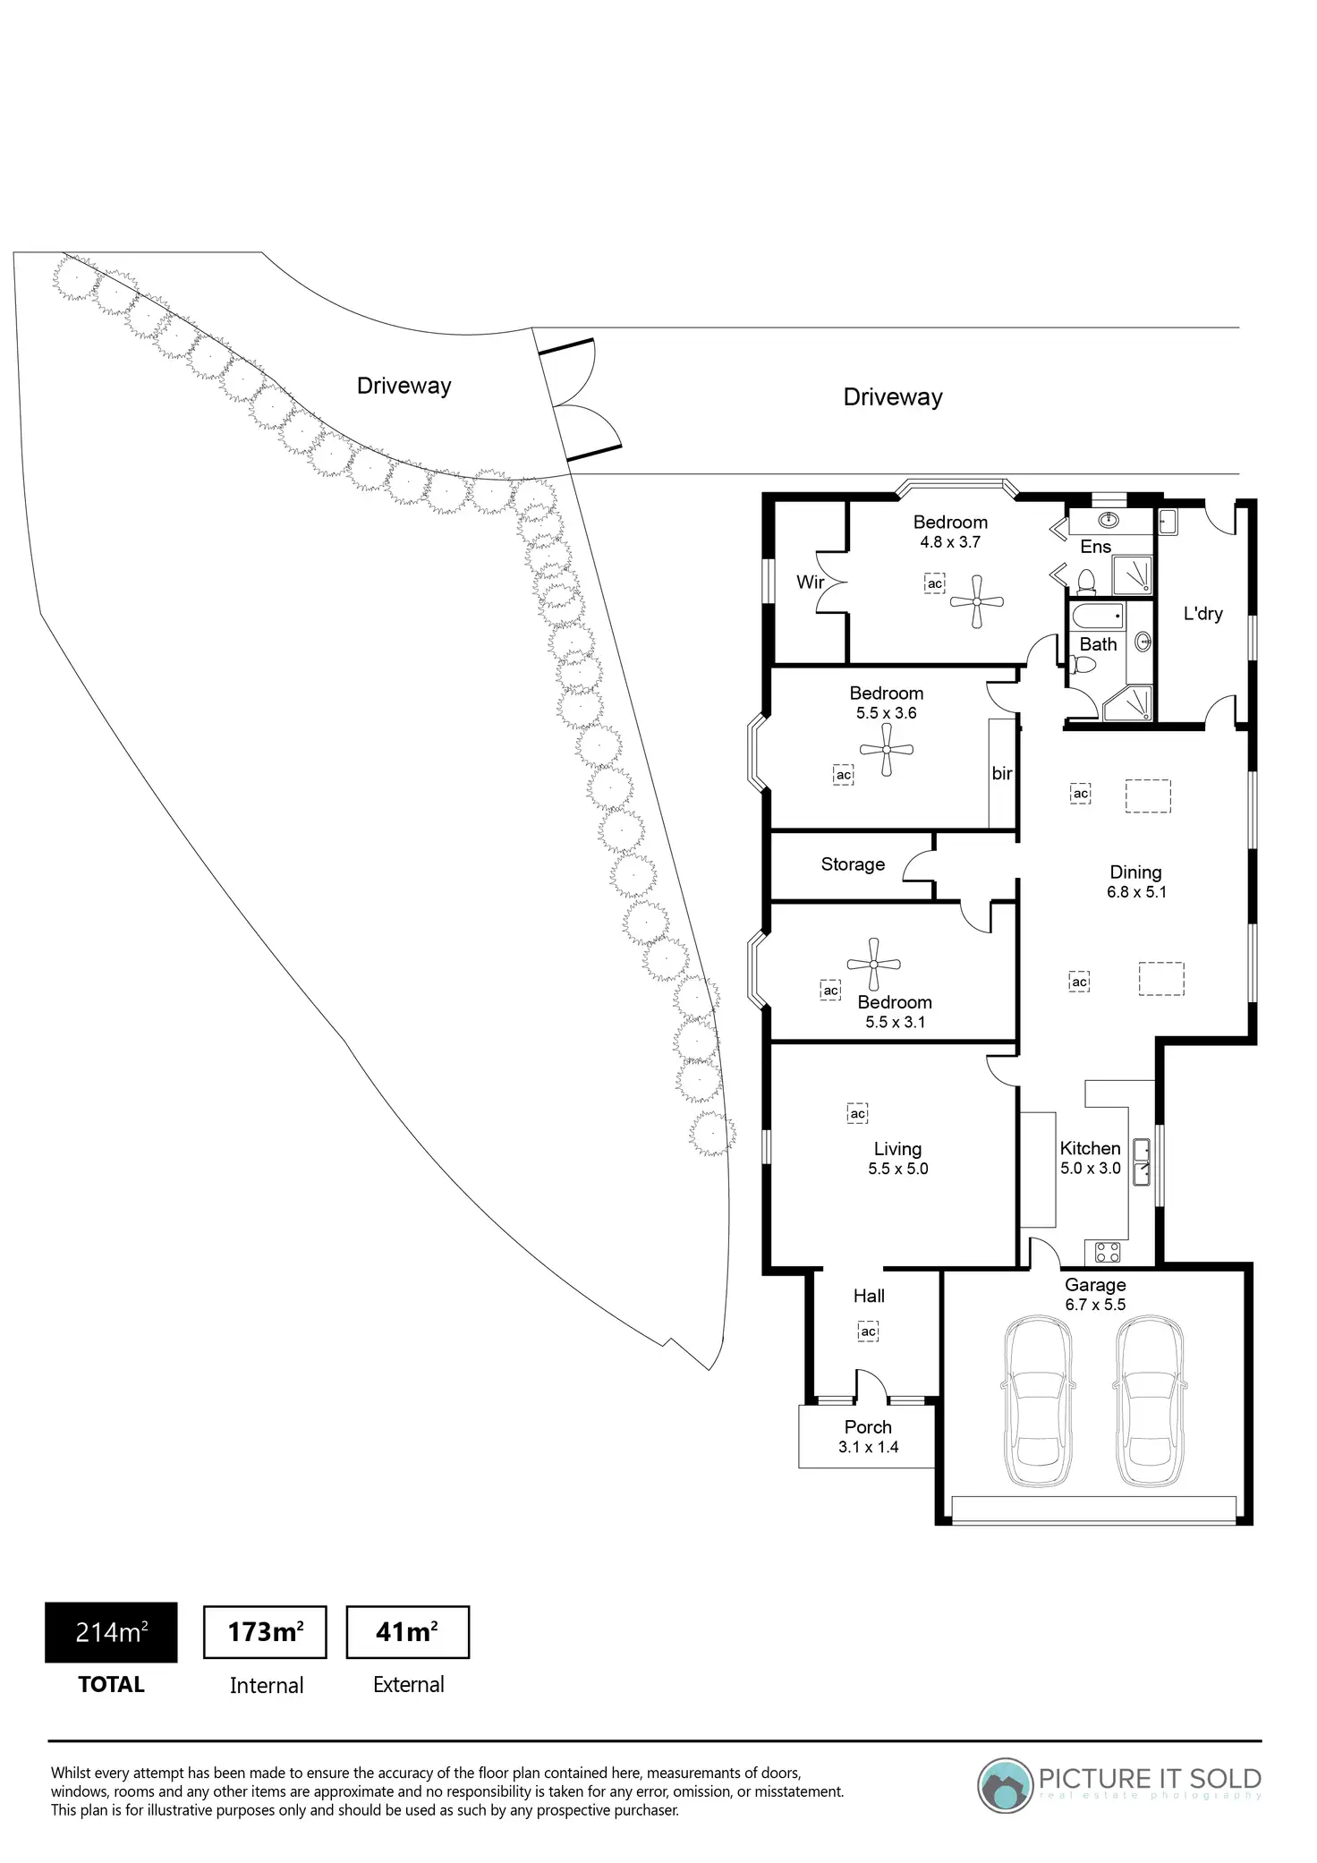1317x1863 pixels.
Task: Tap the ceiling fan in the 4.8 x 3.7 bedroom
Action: [977, 600]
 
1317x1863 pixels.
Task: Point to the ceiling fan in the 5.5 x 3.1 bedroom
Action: [873, 964]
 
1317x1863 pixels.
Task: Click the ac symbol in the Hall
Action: [868, 1331]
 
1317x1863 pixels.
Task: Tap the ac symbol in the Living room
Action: [857, 1113]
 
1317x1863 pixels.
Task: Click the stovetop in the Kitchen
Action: [1108, 1252]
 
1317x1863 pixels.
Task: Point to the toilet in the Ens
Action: [1087, 581]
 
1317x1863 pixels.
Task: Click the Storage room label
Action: [853, 864]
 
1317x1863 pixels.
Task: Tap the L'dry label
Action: [1202, 614]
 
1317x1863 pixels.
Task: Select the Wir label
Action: [810, 583]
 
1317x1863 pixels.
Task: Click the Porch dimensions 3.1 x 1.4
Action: [868, 1447]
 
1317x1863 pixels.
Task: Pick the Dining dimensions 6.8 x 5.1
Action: [1136, 892]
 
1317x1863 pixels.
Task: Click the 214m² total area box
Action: [111, 1633]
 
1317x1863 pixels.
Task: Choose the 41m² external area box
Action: [407, 1633]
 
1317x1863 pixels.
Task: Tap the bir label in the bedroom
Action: [1001, 773]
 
